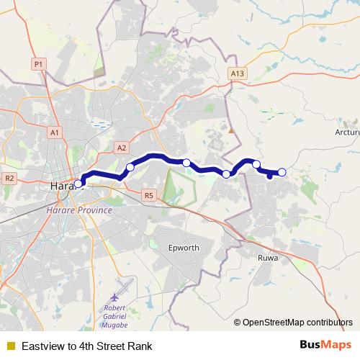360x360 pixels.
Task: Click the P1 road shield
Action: click(39, 65)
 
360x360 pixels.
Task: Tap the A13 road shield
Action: click(238, 73)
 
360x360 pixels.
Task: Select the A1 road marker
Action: click(55, 132)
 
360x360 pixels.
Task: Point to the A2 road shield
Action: click(122, 148)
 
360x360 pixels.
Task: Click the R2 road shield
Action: click(10, 178)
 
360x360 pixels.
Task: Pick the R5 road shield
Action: click(149, 194)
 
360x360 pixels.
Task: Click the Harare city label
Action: click(63, 186)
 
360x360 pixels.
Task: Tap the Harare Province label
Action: click(78, 210)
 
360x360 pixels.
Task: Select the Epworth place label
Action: click(183, 248)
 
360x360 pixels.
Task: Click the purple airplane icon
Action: click(114, 298)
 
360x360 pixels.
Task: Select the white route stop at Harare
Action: click(78, 184)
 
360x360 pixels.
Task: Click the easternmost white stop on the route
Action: click(282, 172)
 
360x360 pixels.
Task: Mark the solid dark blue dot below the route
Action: click(269, 176)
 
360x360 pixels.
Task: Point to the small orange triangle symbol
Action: click(231, 131)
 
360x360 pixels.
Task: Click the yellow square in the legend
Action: click(10, 346)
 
